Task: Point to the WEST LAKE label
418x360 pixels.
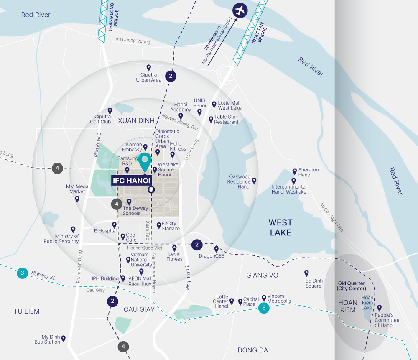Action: click(280, 227)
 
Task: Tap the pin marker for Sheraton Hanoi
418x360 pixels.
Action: click(295, 171)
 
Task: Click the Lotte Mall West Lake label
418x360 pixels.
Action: click(229, 105)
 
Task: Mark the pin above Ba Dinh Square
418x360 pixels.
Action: click(306, 273)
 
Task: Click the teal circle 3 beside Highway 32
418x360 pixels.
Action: click(22, 274)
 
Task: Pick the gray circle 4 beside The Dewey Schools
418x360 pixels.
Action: click(117, 204)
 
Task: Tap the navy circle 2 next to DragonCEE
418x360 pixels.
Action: click(196, 245)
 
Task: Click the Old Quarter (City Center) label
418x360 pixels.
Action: click(352, 286)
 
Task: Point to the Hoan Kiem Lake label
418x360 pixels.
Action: click(367, 303)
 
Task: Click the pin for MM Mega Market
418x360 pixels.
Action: click(77, 199)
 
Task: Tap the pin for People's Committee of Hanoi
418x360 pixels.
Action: click(380, 308)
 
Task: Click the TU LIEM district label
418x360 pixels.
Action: click(26, 311)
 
